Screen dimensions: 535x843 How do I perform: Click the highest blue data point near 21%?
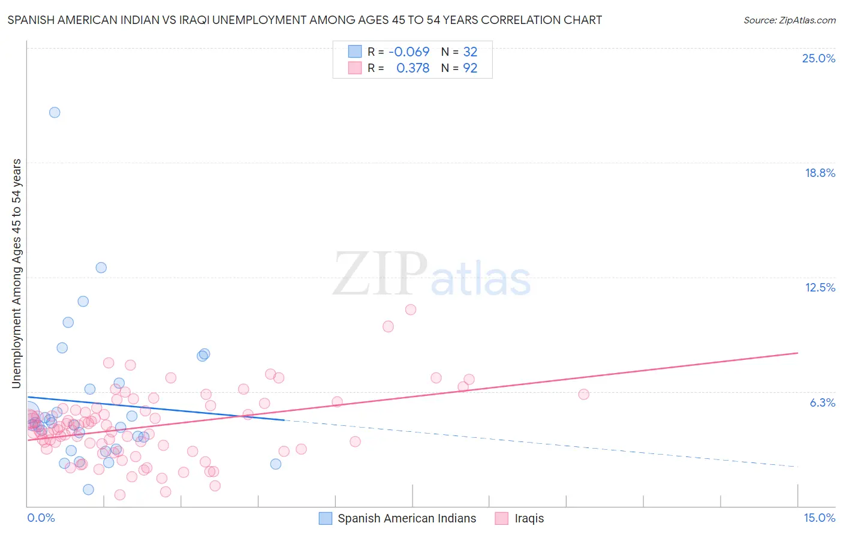55,112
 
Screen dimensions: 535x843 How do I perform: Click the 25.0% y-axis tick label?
818,58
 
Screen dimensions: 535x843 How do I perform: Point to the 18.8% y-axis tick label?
820,173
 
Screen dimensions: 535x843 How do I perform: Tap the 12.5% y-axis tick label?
820,287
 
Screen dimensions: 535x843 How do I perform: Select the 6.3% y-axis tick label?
822,402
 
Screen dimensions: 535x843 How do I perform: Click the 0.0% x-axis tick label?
41,518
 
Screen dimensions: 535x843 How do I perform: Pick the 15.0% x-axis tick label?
819,518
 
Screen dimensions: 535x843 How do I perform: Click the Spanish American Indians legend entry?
407,518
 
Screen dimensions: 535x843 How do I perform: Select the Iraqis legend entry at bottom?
529,518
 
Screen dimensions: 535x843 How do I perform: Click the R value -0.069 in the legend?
409,52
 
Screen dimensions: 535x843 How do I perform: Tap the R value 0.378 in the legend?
413,68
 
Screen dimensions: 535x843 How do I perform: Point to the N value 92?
470,68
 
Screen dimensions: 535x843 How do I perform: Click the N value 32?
470,52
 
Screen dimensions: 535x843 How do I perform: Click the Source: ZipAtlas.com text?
789,20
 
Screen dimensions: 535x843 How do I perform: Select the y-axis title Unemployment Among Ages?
16,273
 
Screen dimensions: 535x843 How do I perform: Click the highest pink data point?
411,309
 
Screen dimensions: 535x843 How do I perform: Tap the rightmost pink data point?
583,394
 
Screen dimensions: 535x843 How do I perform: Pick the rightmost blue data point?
276,464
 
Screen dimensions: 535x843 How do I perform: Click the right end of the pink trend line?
797,353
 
